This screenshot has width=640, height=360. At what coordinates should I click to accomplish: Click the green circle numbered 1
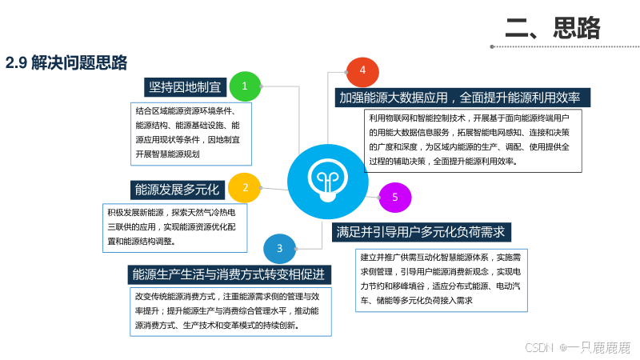click(x=245, y=86)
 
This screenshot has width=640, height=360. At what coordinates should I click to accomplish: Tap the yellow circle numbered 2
click(x=244, y=188)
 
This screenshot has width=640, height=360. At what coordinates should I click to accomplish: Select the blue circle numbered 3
click(x=280, y=249)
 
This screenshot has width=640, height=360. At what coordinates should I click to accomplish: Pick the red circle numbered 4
click(x=362, y=71)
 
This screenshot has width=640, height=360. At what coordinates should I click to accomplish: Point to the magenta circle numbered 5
click(x=394, y=197)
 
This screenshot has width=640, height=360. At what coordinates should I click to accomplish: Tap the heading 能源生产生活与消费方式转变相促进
click(x=229, y=274)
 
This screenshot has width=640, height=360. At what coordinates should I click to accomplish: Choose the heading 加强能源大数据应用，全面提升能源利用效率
click(x=460, y=98)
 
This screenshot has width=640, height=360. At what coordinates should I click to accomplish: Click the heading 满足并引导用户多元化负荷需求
click(x=422, y=232)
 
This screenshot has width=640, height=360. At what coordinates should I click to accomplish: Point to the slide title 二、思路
click(x=553, y=28)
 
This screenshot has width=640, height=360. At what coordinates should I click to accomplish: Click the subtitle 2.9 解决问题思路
click(x=66, y=63)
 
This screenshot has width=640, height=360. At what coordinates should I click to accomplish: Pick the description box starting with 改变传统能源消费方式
click(x=230, y=310)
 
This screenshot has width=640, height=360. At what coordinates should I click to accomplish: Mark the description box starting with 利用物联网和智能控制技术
click(x=472, y=139)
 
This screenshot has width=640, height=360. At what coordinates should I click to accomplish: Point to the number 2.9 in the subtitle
click(x=17, y=63)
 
